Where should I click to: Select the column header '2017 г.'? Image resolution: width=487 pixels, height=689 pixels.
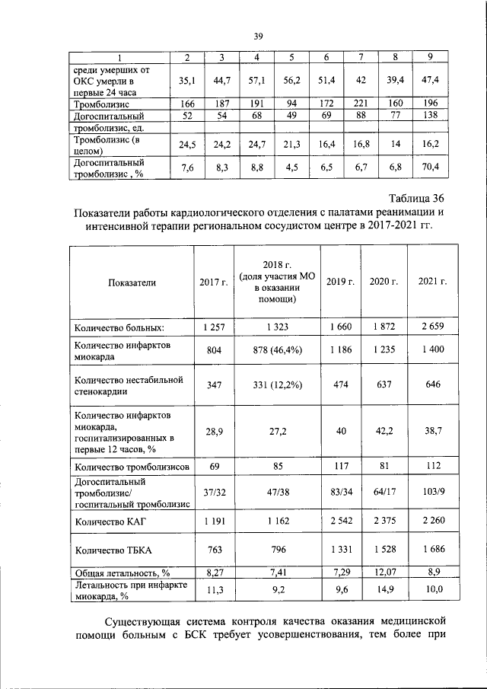(x=214, y=282)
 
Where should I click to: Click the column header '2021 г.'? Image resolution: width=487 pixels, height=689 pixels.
(x=432, y=282)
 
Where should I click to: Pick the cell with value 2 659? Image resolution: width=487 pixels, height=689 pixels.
(x=432, y=327)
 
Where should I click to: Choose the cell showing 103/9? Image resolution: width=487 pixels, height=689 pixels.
(x=432, y=492)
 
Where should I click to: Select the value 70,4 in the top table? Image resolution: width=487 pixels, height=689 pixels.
(x=432, y=166)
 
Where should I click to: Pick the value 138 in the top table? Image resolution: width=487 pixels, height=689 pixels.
(x=432, y=116)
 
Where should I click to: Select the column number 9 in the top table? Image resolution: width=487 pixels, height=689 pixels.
(x=432, y=59)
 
